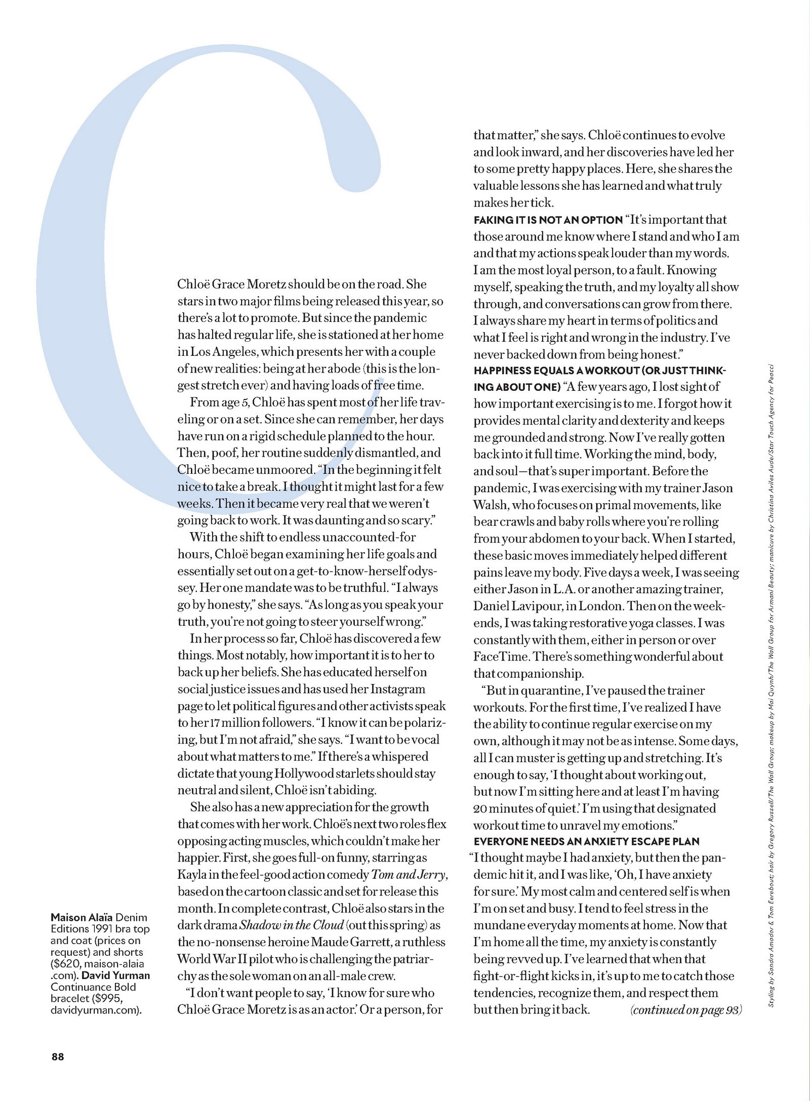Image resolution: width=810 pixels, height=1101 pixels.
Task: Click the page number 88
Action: [57, 1056]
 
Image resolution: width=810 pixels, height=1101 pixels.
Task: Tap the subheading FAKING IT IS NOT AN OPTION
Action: [548, 220]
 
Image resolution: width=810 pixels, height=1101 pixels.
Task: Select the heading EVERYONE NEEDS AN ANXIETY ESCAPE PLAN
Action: [586, 842]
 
